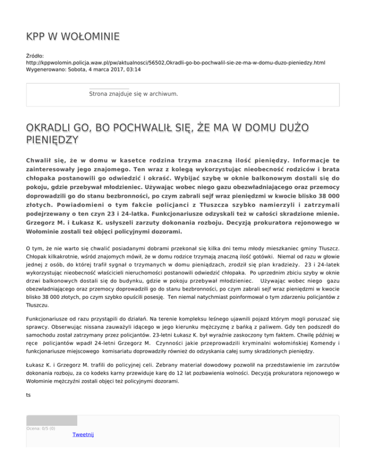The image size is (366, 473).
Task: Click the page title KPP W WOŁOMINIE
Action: pos(72,37)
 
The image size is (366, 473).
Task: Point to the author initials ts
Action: pos(29,394)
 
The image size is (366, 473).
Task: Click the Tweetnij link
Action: pos(83,434)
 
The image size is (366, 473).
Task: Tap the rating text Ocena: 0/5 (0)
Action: pos(41,428)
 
